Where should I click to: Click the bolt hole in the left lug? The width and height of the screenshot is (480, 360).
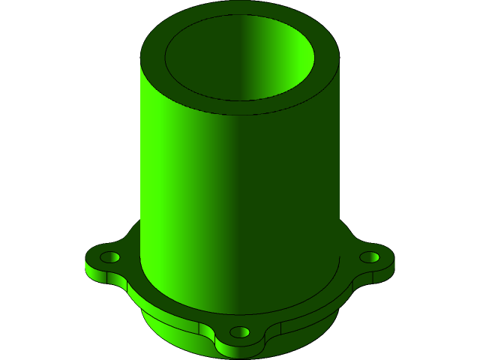tap(109, 257)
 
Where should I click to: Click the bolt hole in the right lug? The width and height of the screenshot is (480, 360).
tap(369, 257)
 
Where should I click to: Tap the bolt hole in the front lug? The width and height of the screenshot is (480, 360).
tap(239, 331)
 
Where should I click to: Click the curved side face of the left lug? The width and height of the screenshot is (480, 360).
tap(97, 274)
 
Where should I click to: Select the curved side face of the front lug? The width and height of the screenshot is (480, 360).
tap(239, 349)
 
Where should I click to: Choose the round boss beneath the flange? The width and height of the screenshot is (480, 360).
tap(172, 330)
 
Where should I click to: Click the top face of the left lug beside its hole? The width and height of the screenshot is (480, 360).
tap(94, 259)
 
